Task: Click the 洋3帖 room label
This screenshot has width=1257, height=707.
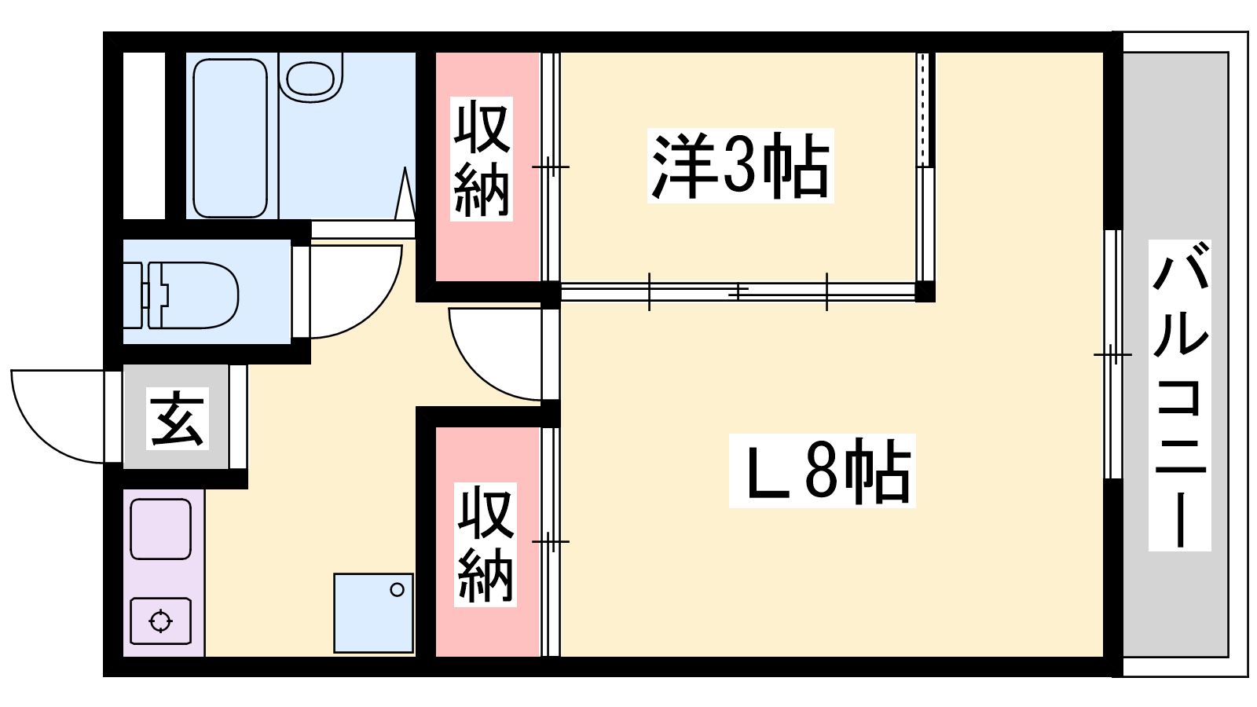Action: (740, 166)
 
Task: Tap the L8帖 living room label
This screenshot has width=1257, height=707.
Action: (822, 471)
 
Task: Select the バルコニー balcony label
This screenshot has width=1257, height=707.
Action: (1179, 395)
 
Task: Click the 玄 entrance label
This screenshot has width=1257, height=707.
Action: (178, 418)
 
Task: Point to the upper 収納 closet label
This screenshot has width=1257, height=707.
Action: (482, 159)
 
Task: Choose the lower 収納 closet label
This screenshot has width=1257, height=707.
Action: (486, 544)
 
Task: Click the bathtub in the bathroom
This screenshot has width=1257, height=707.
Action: (230, 138)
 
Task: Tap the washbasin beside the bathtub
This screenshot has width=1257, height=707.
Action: (311, 78)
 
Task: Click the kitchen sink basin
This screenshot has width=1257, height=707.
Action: (160, 529)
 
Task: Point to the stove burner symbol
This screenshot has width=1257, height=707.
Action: (160, 621)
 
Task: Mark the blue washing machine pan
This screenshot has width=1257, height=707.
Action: (374, 613)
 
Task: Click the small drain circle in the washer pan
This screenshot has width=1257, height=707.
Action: (398, 590)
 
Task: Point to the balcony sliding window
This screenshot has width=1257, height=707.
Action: (1113, 354)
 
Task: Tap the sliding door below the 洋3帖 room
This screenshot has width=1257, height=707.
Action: (738, 291)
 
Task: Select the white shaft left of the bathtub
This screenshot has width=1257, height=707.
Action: (145, 136)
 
